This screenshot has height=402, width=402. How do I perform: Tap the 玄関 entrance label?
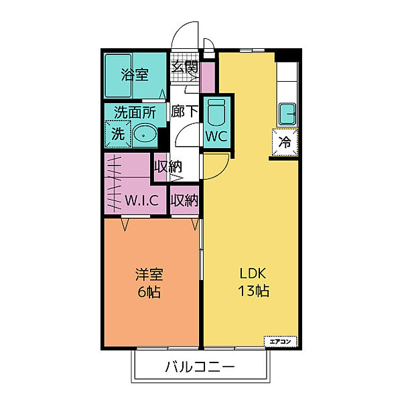click(184, 67)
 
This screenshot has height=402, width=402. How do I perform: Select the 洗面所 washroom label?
click(134, 113)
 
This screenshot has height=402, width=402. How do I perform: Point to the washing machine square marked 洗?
click(117, 133)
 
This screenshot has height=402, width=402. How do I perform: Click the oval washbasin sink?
click(144, 134)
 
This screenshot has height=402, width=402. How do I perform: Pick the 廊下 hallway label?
click(184, 112)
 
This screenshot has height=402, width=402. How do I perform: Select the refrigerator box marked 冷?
click(284, 142)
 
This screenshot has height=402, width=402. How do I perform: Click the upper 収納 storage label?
click(168, 166)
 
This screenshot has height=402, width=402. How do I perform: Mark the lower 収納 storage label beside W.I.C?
click(184, 200)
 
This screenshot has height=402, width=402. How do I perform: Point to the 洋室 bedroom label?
click(150, 275)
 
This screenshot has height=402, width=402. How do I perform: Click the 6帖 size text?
click(150, 292)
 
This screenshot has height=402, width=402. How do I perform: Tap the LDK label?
click(253, 274)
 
